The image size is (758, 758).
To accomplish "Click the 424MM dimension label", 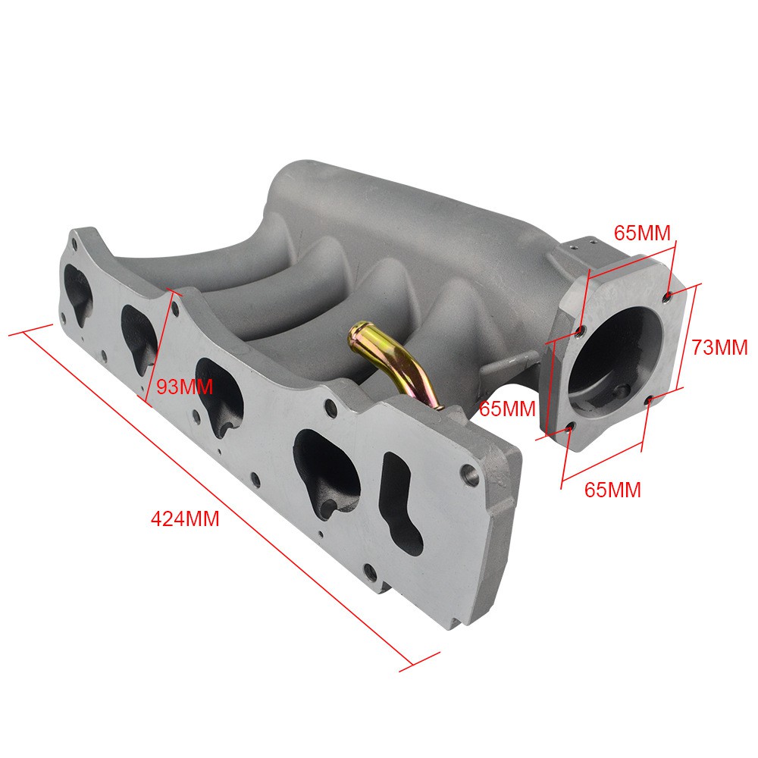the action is click(x=185, y=519).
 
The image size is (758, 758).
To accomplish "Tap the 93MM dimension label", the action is click(x=185, y=387).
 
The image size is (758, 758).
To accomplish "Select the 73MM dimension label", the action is click(x=719, y=347).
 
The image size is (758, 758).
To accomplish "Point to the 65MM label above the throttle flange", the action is click(x=643, y=233).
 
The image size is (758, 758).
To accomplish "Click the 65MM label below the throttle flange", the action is click(x=612, y=490).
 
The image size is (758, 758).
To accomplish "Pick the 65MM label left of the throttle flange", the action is click(x=508, y=409).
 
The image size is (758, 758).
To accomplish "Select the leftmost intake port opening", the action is click(x=78, y=293).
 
